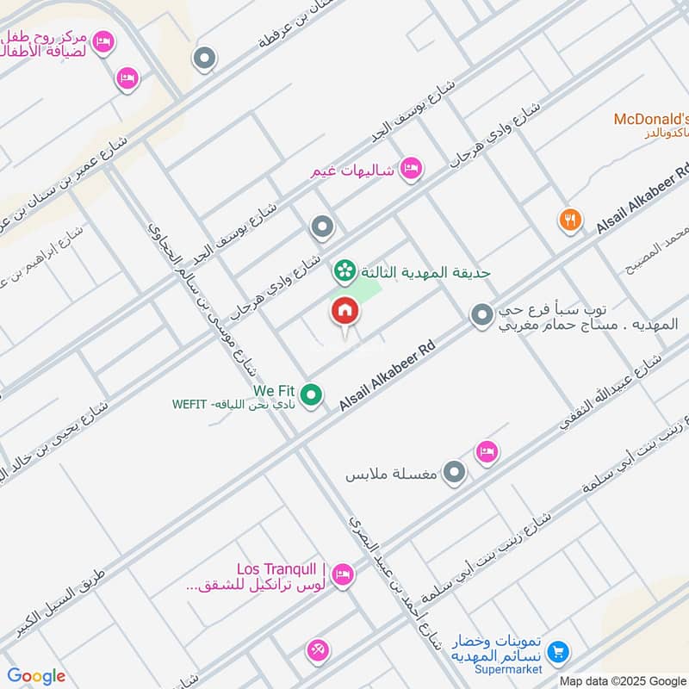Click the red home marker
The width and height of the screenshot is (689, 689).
(344, 311)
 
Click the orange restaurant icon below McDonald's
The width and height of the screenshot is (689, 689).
(569, 220)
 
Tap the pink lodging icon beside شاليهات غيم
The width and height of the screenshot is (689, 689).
(411, 169)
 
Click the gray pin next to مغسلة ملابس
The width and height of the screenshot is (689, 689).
(454, 473)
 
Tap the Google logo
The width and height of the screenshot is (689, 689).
(36, 676)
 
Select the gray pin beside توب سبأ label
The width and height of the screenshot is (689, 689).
(481, 316)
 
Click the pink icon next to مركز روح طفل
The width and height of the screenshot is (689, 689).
(102, 41)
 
